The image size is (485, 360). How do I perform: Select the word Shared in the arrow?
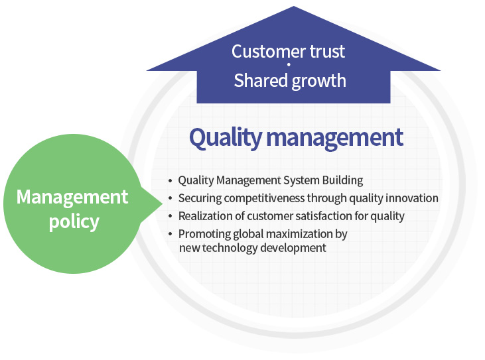(x=261, y=80)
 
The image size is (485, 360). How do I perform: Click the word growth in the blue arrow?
(x=318, y=82)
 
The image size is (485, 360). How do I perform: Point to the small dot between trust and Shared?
(x=289, y=64)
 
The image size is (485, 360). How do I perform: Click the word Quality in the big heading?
(x=226, y=138)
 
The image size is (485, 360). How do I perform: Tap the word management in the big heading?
(x=335, y=138)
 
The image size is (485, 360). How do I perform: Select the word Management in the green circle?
(x=72, y=198)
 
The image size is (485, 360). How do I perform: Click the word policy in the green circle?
(x=74, y=222)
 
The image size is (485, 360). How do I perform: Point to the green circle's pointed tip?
(x=162, y=204)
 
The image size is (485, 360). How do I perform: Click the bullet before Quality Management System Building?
(x=170, y=180)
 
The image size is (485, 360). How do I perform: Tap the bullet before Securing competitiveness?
(x=170, y=198)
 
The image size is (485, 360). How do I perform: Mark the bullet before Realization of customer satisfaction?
(x=170, y=216)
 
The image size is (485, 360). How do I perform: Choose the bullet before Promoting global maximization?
(x=170, y=234)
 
